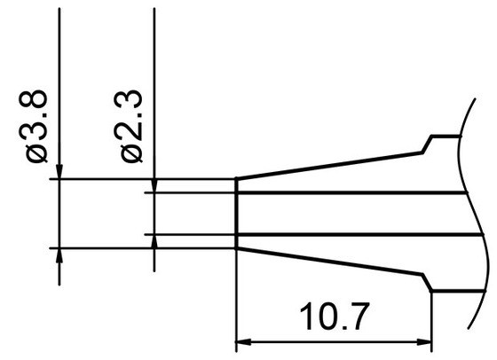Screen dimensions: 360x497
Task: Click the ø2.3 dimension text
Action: pyautogui.click(x=131, y=124)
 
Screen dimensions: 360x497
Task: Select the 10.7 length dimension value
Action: pyautogui.click(x=334, y=317)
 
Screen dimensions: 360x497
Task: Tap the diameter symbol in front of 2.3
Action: pyautogui.click(x=131, y=153)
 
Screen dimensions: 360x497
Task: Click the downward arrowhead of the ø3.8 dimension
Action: pyautogui.click(x=59, y=172)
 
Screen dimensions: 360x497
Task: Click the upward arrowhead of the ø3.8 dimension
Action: pyautogui.click(x=59, y=255)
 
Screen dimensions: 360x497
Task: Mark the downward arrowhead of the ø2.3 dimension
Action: pyautogui.click(x=154, y=185)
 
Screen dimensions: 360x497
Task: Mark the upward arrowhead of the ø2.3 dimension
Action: pyautogui.click(x=154, y=242)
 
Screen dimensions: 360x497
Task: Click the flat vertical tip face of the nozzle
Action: pyautogui.click(x=236, y=213)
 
